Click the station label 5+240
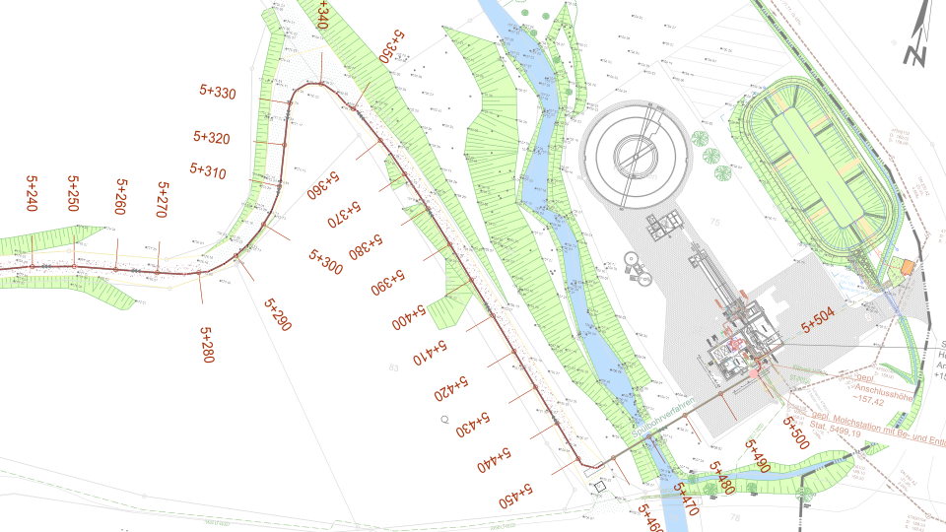(x=32, y=194)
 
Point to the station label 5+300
(x=325, y=262)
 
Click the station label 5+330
(x=218, y=94)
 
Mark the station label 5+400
(x=407, y=317)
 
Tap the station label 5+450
(x=515, y=494)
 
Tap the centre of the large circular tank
(x=634, y=153)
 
